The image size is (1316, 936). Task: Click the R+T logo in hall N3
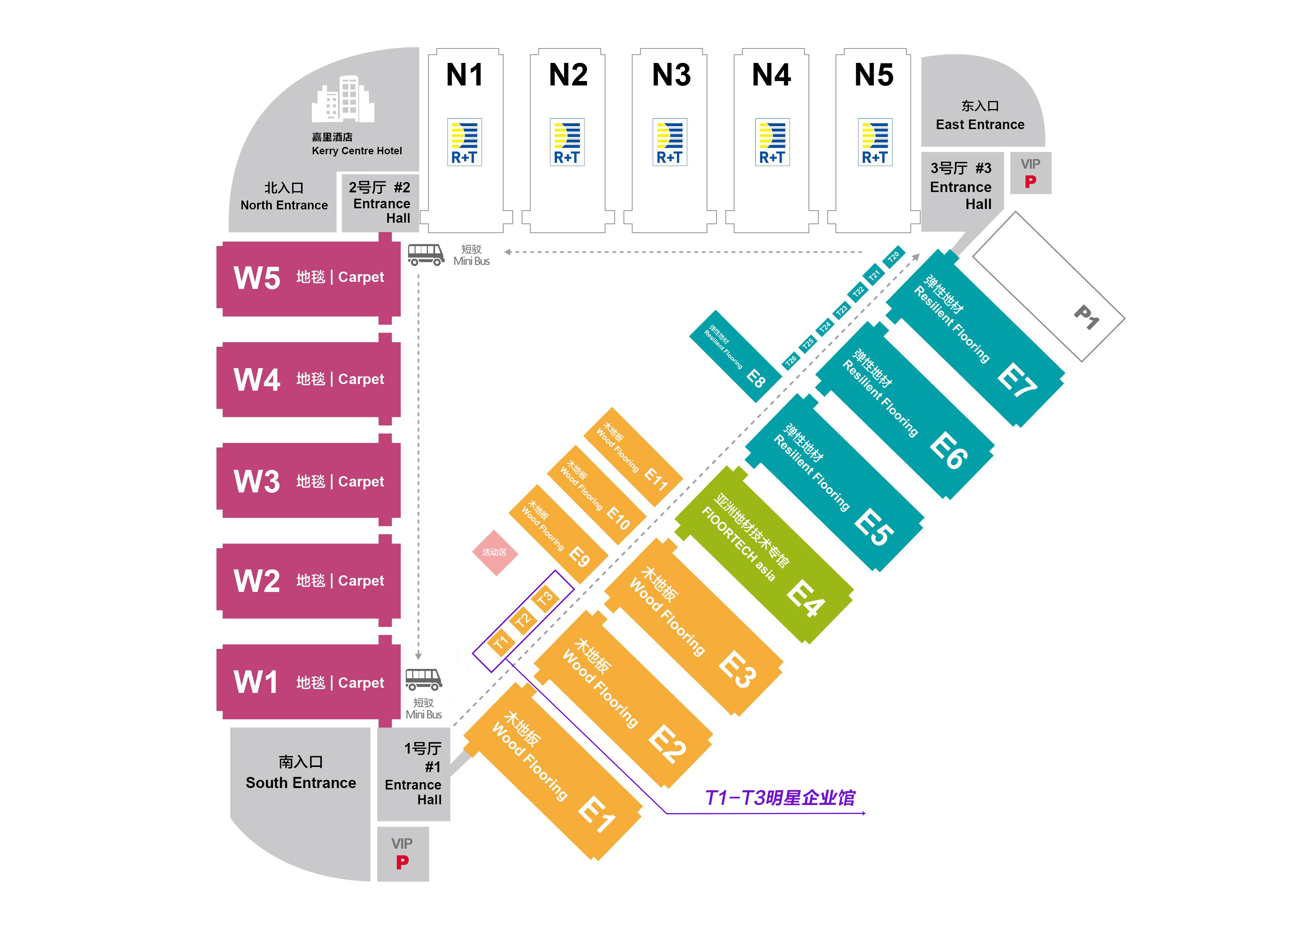tap(669, 142)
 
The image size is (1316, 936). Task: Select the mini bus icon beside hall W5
tap(426, 254)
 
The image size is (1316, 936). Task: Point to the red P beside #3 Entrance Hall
tap(1030, 182)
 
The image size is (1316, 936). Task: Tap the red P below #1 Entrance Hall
tap(402, 862)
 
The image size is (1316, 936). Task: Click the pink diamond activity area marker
tap(495, 552)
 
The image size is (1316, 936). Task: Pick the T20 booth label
tap(893, 256)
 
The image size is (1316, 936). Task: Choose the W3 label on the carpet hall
tap(256, 481)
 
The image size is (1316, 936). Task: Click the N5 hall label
tap(874, 75)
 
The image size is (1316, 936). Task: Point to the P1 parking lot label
tap(1086, 317)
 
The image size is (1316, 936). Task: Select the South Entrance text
tap(300, 783)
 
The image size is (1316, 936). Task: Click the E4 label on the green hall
tap(806, 598)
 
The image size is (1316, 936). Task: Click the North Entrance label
tap(284, 205)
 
